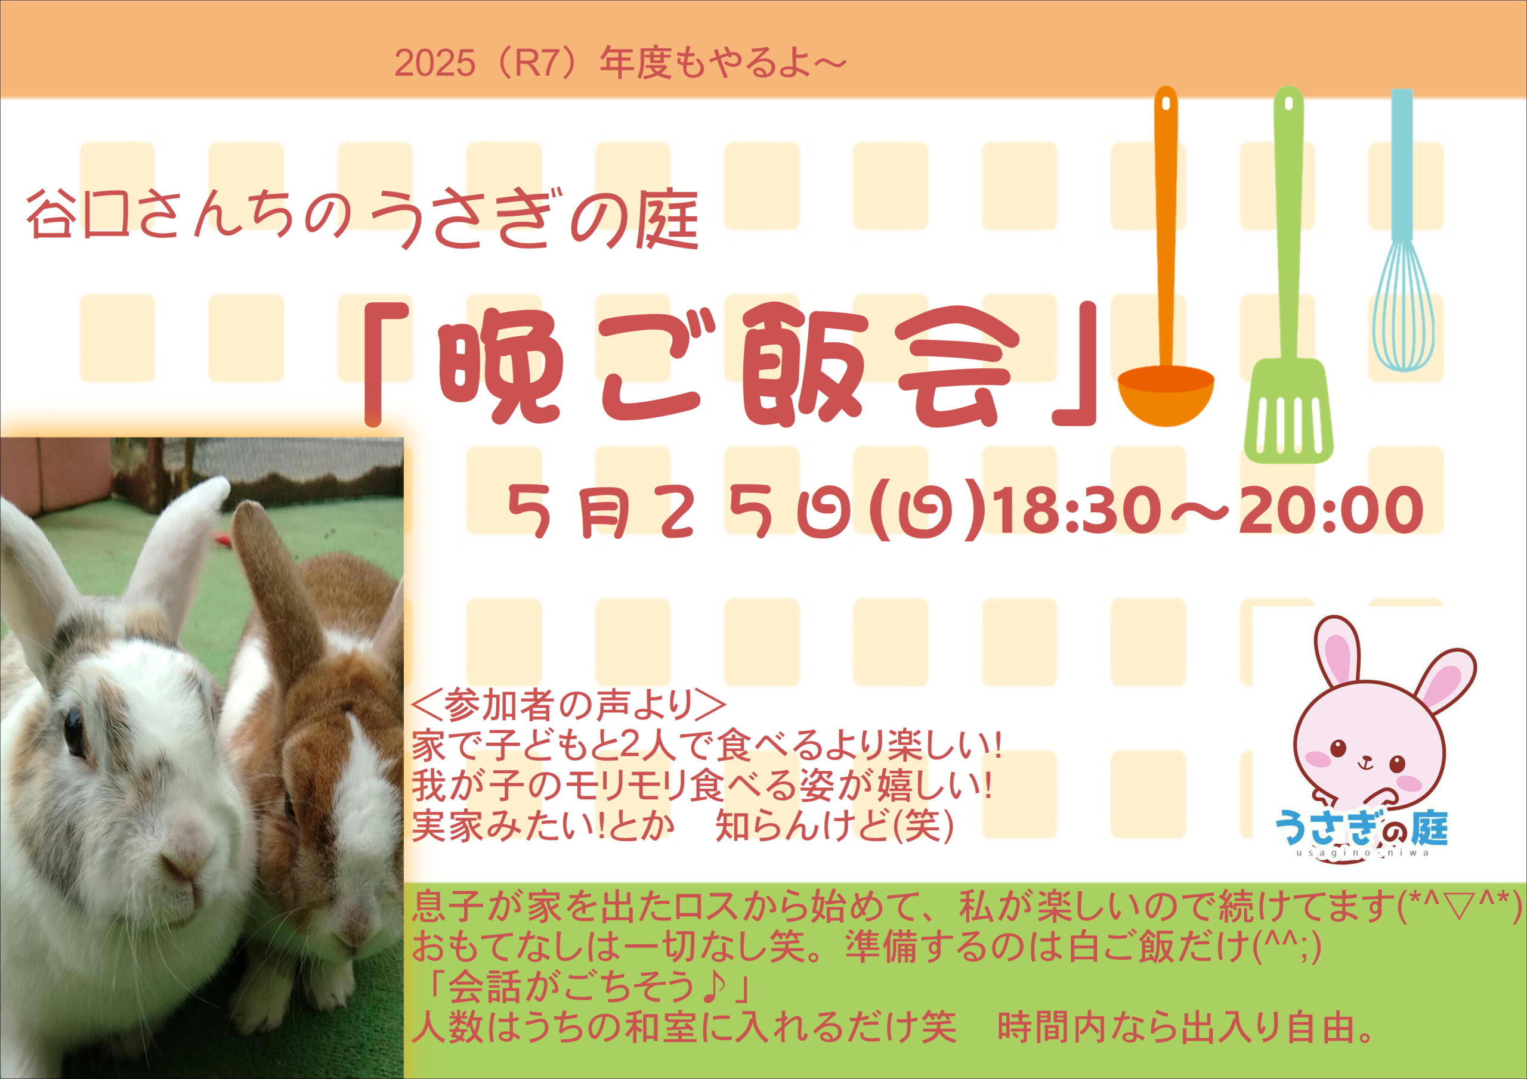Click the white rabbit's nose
[x=181, y=864]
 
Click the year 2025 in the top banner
[x=435, y=64]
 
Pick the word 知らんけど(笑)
[x=835, y=826]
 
